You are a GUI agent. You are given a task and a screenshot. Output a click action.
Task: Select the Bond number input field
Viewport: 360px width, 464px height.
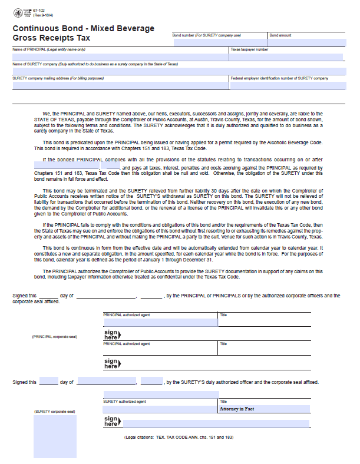pyautogui.click(x=219, y=42)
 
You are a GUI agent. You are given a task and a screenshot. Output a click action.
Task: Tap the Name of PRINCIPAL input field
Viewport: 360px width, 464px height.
pyautogui.click(x=120, y=58)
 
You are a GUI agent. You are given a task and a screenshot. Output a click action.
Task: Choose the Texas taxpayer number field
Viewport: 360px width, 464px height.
pyautogui.click(x=286, y=58)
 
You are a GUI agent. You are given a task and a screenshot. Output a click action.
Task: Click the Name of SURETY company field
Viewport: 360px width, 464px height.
pyautogui.click(x=177, y=71)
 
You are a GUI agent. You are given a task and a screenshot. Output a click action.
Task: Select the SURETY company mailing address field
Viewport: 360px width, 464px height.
pyautogui.click(x=120, y=86)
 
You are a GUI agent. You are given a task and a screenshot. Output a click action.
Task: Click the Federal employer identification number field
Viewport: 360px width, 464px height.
pyautogui.click(x=286, y=86)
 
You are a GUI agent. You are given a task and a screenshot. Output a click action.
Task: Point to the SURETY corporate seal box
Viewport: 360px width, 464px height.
pyautogui.click(x=55, y=436)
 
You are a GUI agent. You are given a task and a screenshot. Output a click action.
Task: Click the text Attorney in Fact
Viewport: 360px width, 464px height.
pyautogui.click(x=237, y=409)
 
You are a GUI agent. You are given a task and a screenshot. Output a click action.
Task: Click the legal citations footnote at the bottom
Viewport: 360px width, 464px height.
pyautogui.click(x=179, y=438)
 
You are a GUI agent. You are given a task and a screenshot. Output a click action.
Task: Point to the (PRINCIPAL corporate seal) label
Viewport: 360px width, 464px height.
pyautogui.click(x=55, y=337)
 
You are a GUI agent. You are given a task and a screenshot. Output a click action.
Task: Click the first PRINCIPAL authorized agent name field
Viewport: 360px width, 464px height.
pyautogui.click(x=160, y=323)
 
